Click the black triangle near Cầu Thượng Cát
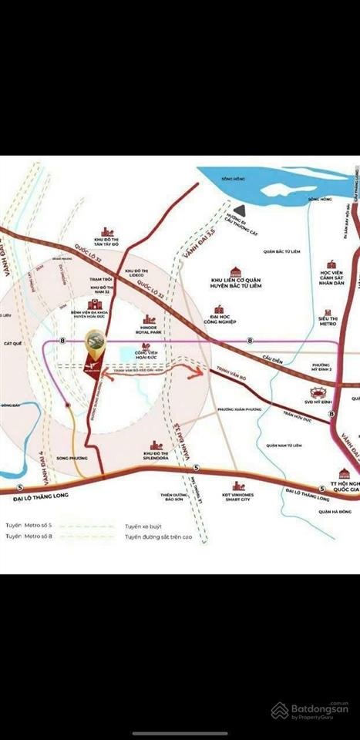(241, 209)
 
